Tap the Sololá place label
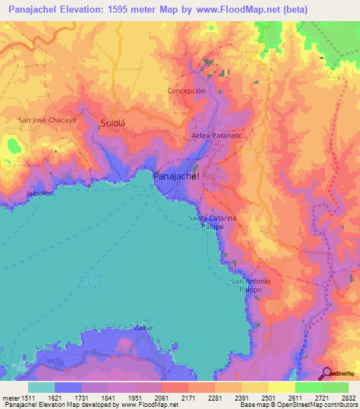(x=112, y=122)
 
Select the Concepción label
(x=186, y=91)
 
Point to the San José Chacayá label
(x=47, y=119)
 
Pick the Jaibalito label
(x=40, y=193)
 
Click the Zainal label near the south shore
(x=143, y=327)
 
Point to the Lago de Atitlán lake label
(x=87, y=281)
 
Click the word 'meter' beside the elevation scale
(x=8, y=398)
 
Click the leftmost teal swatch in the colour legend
(x=41, y=387)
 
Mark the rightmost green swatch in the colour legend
(x=335, y=387)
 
